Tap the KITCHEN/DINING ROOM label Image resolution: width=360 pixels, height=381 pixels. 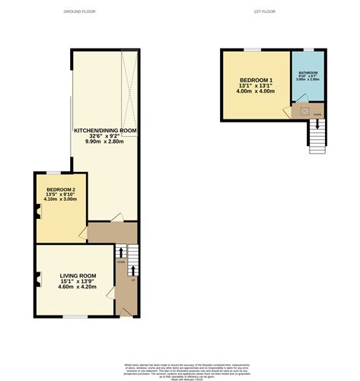tap(105, 131)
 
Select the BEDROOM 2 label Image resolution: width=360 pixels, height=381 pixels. tap(61, 189)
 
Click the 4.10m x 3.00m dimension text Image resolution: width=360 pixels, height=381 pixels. tap(61, 199)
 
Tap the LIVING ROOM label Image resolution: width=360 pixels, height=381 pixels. tap(78, 275)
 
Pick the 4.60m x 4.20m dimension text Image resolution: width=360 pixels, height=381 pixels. tap(78, 287)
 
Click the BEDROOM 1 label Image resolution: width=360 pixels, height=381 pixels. tap(256, 81)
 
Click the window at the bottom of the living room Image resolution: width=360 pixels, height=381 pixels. tap(74, 316)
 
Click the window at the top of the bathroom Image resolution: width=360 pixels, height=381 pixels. tap(309, 49)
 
